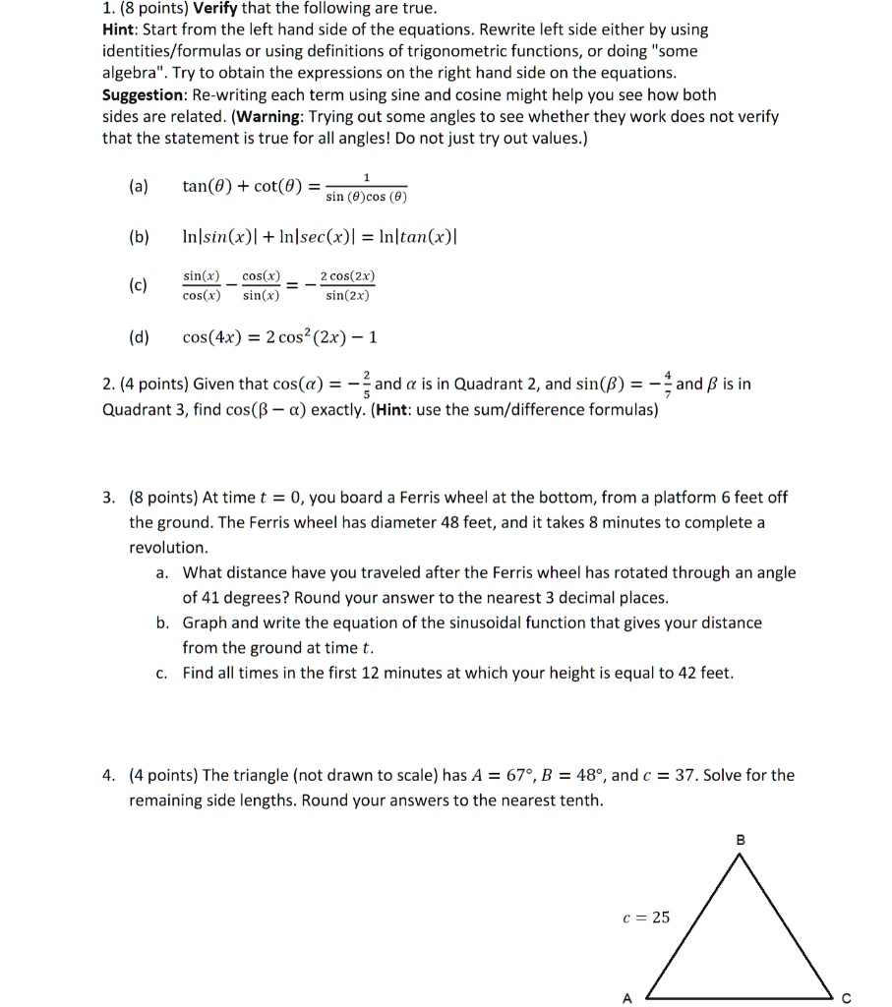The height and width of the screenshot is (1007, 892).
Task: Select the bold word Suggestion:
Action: (143, 95)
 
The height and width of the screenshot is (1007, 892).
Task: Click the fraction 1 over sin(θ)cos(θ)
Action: (366, 188)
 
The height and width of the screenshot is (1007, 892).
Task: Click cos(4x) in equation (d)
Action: (211, 338)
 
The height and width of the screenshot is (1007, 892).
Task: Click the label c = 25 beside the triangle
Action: (646, 917)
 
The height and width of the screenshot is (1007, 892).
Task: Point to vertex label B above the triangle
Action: (741, 839)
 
